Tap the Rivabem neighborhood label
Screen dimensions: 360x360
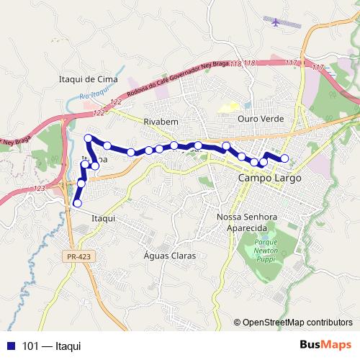pyautogui.click(x=160, y=121)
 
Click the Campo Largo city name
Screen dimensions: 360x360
pyautogui.click(x=269, y=178)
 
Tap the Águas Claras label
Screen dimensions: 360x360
pyautogui.click(x=169, y=256)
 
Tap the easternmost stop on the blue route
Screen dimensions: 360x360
pyautogui.click(x=284, y=158)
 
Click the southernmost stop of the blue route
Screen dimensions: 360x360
pyautogui.click(x=77, y=204)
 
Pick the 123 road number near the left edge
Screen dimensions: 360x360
pyautogui.click(x=39, y=188)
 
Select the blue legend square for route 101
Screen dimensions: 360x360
pyautogui.click(x=10, y=346)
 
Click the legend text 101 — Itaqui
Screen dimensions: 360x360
pyautogui.click(x=52, y=346)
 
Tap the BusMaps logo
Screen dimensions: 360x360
pyautogui.click(x=325, y=345)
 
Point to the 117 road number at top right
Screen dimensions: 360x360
pyautogui.click(x=290, y=64)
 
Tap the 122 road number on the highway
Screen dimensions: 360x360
pyautogui.click(x=98, y=113)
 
